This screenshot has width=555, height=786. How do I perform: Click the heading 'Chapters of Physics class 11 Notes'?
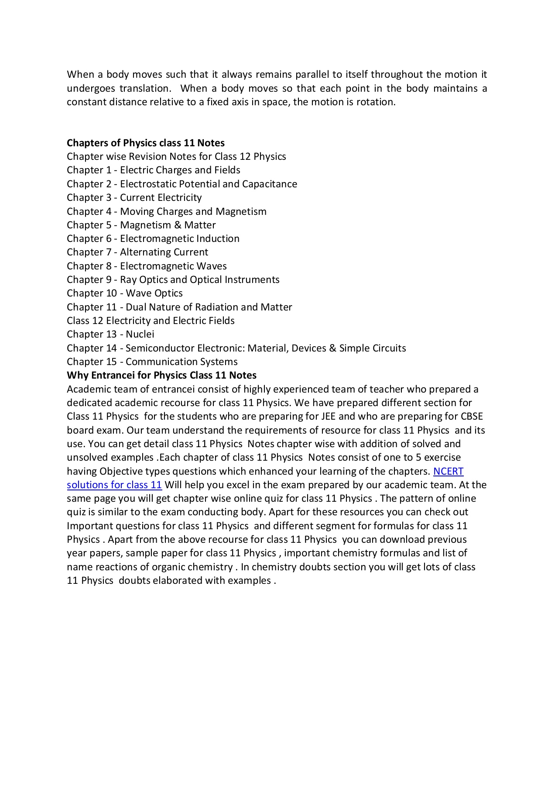point(146,143)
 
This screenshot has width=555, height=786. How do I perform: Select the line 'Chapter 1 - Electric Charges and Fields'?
point(154,170)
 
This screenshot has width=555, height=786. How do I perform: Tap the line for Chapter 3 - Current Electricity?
point(134,197)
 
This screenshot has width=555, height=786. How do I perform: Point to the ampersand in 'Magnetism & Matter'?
point(178,225)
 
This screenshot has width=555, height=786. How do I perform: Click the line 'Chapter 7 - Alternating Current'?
point(137,252)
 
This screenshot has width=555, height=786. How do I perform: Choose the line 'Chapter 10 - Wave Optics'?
point(125,293)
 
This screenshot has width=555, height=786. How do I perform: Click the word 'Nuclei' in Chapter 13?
point(140,334)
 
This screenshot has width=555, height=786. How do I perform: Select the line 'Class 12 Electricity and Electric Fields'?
point(151,321)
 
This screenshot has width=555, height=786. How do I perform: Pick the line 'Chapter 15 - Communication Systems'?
point(152,362)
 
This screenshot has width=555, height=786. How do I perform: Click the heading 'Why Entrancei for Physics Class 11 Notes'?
point(161,375)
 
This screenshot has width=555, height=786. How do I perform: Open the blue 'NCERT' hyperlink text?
point(448,471)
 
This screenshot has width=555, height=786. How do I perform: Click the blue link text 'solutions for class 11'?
point(114,485)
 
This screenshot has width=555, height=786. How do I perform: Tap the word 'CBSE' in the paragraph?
point(472,416)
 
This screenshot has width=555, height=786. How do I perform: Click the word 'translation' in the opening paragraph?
point(144,88)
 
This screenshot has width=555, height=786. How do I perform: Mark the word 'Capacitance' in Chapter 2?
point(269,184)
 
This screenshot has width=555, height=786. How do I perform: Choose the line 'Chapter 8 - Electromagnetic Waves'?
point(147,266)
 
